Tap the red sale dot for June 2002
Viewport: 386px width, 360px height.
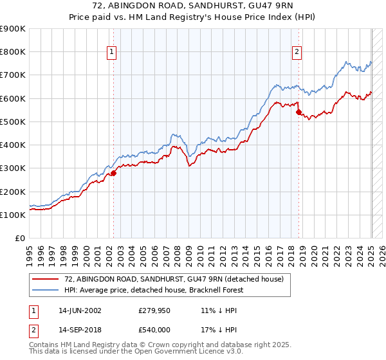tap(113, 173)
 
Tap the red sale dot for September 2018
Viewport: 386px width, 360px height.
tap(299, 112)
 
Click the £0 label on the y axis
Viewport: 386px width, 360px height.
tap(19, 239)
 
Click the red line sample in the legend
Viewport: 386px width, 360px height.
tap(46, 278)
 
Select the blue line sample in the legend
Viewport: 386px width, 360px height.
tap(46, 290)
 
